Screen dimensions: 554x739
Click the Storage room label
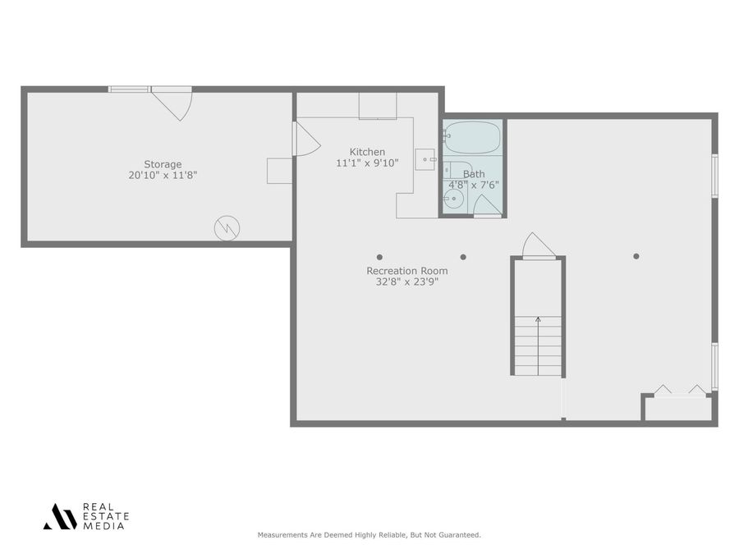[x=163, y=164]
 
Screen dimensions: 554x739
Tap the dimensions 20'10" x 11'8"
[x=163, y=175]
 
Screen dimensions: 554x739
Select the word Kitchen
[x=367, y=152]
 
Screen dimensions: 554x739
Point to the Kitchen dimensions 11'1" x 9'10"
[x=367, y=163]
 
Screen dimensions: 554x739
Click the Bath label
[x=474, y=174]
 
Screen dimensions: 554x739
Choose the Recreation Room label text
[x=407, y=271]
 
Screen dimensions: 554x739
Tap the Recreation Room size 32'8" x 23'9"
[x=407, y=282]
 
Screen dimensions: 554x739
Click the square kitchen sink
[x=425, y=158]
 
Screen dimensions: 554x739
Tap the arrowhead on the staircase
[x=538, y=319]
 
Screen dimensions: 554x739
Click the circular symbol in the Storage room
[x=227, y=227]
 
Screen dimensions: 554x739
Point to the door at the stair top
[x=538, y=245]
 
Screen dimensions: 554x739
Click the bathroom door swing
[x=485, y=204]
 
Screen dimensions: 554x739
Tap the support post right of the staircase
[x=636, y=256]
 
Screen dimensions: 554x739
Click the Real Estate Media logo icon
[x=60, y=516]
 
